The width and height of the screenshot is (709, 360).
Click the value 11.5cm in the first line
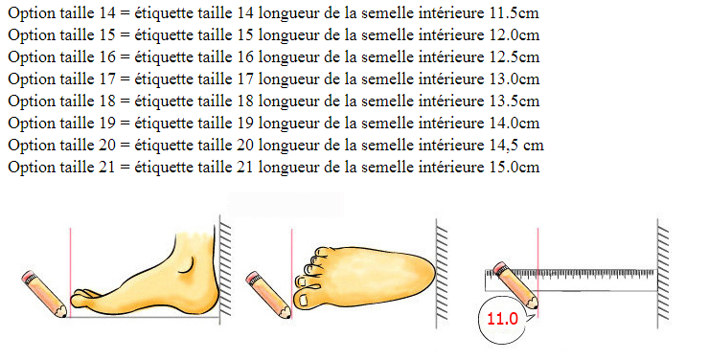[515, 12]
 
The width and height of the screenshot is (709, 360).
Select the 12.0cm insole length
[515, 34]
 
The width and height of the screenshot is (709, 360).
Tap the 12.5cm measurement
[515, 56]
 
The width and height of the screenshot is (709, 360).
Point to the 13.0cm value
[515, 79]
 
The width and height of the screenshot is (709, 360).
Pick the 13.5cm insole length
[515, 101]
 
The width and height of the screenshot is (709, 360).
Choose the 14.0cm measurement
[515, 123]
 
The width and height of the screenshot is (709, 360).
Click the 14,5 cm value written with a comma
[516, 145]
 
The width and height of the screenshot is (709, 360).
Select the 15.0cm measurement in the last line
[515, 168]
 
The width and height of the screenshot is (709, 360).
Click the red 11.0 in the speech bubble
[502, 319]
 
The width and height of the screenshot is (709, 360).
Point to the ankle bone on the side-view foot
[186, 266]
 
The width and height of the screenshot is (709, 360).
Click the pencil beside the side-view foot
[44, 294]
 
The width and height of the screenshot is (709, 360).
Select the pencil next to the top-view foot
[268, 295]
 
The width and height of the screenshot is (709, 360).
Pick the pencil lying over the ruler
[515, 285]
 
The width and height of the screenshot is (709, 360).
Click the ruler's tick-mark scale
[571, 274]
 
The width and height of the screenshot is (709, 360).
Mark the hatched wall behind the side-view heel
[225, 269]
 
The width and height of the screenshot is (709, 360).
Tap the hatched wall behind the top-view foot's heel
[442, 274]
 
